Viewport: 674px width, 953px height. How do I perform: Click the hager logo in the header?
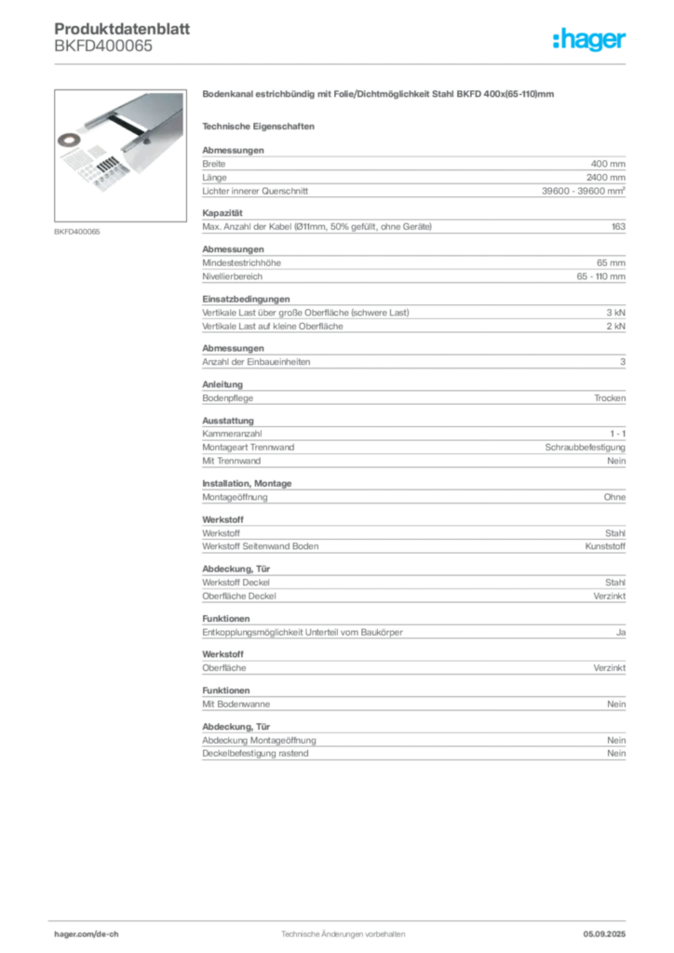(589, 39)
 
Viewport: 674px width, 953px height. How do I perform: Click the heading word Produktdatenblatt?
(122, 29)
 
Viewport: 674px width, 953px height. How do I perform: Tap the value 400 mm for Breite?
(608, 164)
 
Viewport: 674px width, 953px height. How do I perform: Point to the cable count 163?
(618, 227)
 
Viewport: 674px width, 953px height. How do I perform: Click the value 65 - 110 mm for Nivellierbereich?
(600, 276)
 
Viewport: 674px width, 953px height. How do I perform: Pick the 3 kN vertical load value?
(615, 313)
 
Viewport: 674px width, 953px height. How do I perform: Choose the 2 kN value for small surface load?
(615, 327)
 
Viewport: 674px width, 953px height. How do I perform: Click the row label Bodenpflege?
(227, 398)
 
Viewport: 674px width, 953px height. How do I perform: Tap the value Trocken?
(610, 398)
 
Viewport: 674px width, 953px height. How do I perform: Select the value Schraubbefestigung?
(585, 448)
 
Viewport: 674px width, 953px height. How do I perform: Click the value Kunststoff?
(605, 546)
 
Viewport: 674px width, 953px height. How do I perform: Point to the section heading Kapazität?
(222, 213)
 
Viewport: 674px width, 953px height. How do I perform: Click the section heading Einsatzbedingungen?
(246, 299)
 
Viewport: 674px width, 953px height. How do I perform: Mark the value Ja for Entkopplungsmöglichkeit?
(621, 633)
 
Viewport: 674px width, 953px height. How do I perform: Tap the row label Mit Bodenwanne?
(236, 705)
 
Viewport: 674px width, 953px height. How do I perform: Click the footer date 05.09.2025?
(604, 934)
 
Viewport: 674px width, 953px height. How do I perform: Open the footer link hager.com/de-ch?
(87, 934)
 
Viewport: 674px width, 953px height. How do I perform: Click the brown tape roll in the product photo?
(69, 141)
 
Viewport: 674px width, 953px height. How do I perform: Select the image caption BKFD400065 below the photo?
(76, 232)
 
